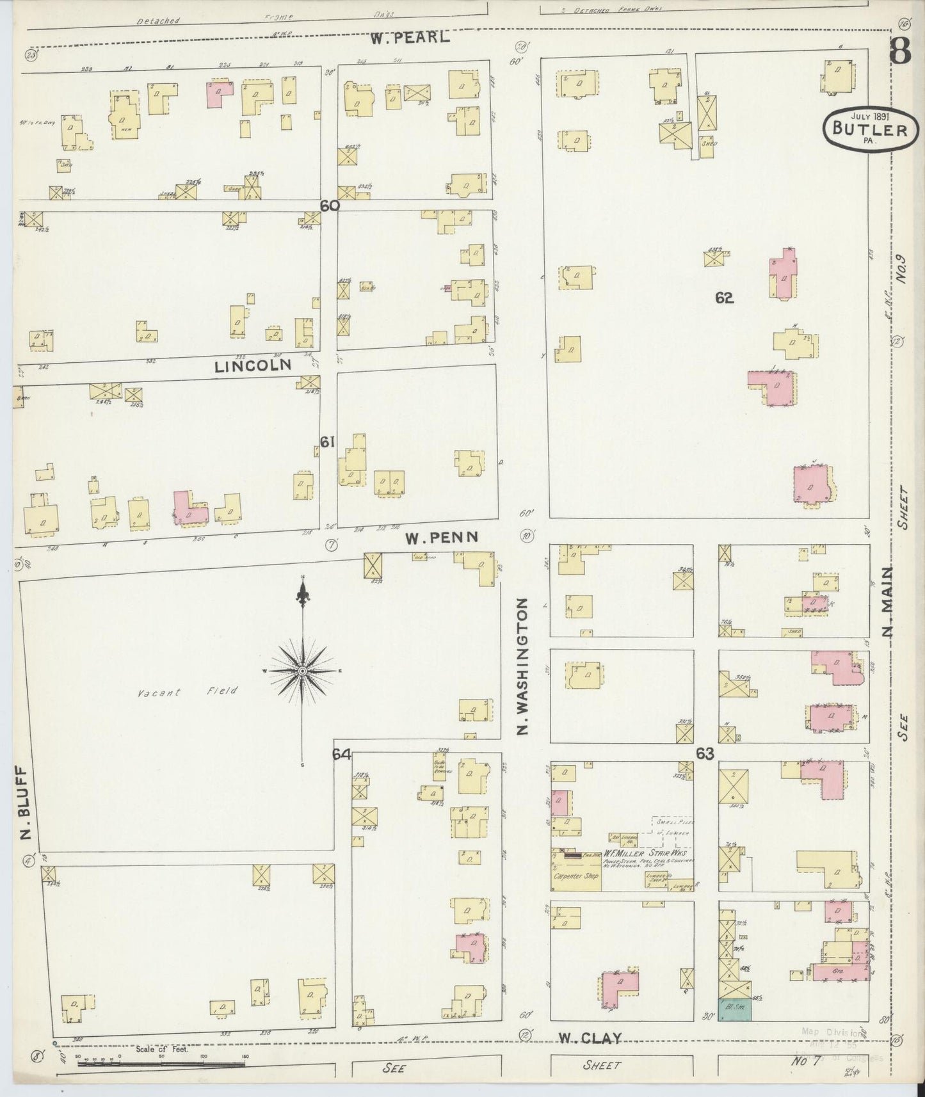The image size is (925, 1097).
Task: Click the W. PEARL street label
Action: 409,38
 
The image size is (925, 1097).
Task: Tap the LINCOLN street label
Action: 253,366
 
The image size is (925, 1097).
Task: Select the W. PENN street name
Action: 442,538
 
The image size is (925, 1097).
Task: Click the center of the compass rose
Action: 303,671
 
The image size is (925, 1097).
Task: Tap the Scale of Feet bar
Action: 160,1063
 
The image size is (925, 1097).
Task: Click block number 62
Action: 725,298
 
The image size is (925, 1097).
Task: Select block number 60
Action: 329,206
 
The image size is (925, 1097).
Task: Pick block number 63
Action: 705,754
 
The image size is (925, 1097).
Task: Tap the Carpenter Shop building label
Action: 575,876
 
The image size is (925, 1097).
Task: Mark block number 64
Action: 341,755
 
